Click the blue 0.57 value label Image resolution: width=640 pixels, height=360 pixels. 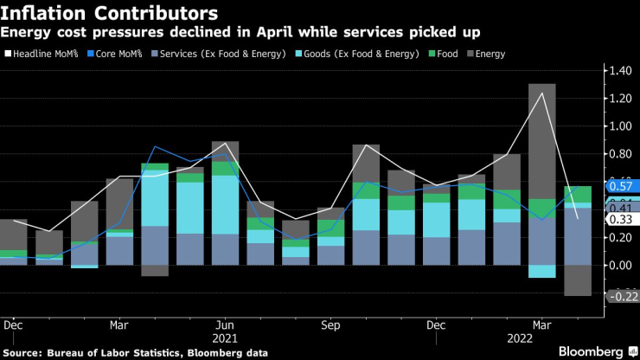[619, 186]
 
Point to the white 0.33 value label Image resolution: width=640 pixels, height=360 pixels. [619, 219]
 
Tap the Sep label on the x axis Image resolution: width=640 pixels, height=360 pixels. [330, 326]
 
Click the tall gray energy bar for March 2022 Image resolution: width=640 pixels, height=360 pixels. [541, 138]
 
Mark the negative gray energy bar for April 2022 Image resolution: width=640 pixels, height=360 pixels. [577, 280]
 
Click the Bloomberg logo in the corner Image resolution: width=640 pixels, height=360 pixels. [593, 352]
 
